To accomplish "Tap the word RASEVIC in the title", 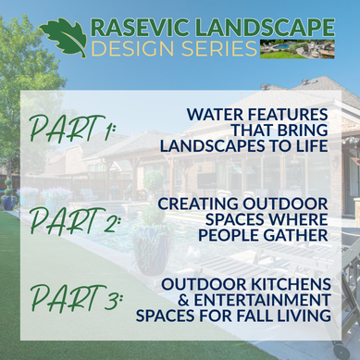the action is (x=141, y=28).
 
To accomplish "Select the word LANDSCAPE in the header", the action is (x=265, y=28).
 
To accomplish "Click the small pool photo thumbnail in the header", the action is (x=297, y=49).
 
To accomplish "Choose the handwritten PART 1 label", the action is (x=72, y=129).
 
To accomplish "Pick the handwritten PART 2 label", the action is (x=74, y=220).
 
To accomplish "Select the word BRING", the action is (x=303, y=130).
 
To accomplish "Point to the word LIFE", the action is (x=311, y=146).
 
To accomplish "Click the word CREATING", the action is (x=198, y=204).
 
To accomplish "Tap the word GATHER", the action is (x=296, y=235).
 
